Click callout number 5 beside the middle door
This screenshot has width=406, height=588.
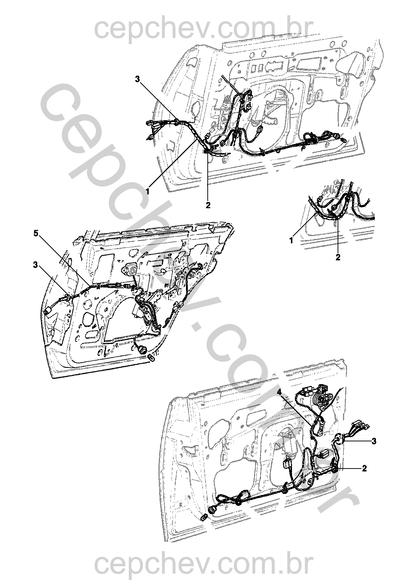pos(36,234)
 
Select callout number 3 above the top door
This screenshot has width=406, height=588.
pos(138,79)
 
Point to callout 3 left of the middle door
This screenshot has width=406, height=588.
pos(36,265)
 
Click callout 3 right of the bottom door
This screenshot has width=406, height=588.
pos(374,441)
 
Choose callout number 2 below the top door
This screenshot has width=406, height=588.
pos(208,205)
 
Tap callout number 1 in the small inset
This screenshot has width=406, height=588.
pos(291,240)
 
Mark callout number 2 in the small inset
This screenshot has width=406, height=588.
pos(338,257)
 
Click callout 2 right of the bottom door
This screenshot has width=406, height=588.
pos(364,468)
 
